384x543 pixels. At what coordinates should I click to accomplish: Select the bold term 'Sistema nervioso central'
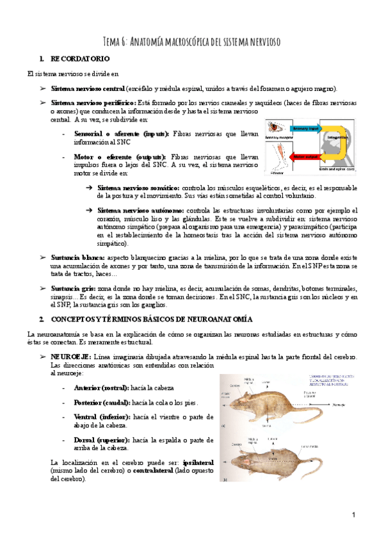coord(88,88)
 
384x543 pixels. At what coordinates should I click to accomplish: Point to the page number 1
coord(353,515)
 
